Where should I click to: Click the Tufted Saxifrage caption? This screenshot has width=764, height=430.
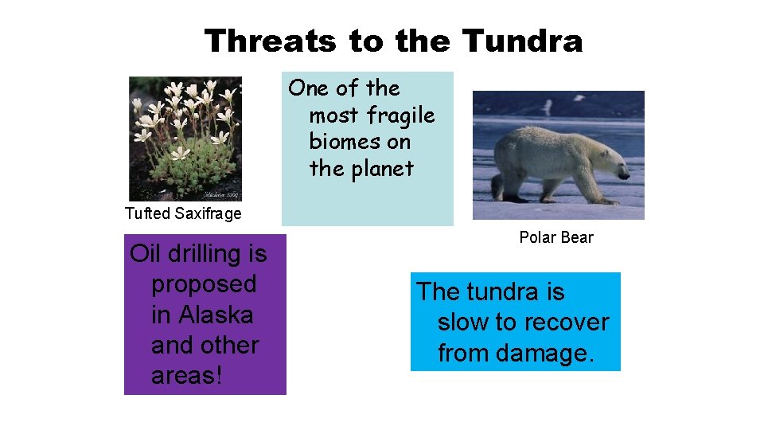(x=183, y=213)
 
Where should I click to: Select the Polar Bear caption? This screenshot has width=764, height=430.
(x=556, y=237)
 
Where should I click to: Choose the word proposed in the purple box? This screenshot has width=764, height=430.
(x=204, y=284)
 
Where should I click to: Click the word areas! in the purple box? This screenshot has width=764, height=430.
(x=187, y=376)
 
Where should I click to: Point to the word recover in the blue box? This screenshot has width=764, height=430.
(x=566, y=322)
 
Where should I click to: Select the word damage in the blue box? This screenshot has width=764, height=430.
(x=549, y=353)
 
